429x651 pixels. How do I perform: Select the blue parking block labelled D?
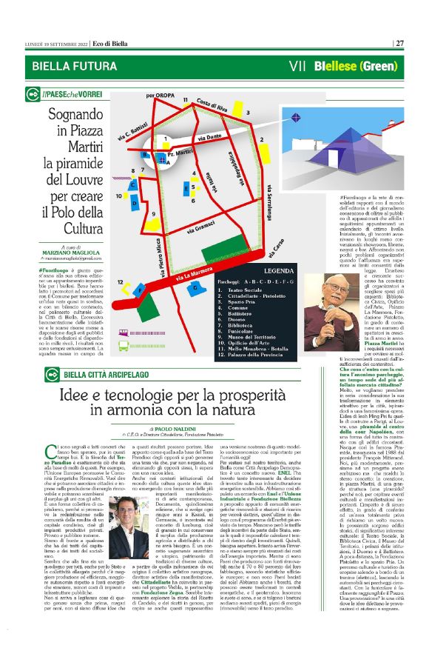[133, 202]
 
